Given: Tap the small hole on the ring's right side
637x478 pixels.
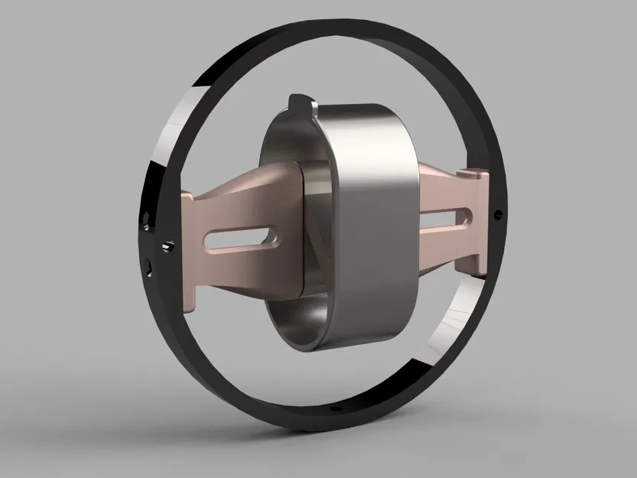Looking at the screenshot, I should point(499,213).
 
